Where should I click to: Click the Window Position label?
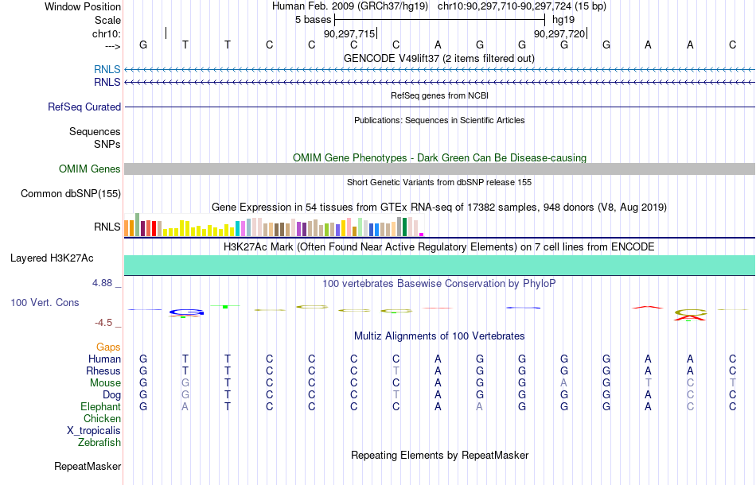click(x=83, y=6)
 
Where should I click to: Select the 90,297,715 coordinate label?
click(x=349, y=33)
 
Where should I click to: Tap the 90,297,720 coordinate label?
click(x=559, y=33)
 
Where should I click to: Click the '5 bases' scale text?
click(x=314, y=20)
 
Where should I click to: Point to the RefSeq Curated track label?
click(x=84, y=107)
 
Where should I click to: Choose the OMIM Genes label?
click(x=90, y=169)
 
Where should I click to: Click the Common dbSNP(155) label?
click(x=71, y=194)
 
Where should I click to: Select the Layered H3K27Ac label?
click(x=52, y=258)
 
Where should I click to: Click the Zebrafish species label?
click(x=99, y=442)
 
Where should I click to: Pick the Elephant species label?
click(x=100, y=406)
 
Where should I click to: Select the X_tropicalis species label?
click(x=94, y=431)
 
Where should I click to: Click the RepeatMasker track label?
click(x=88, y=466)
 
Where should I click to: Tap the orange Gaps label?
click(x=108, y=347)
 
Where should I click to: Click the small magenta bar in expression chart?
click(x=422, y=235)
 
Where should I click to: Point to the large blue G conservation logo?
click(x=186, y=312)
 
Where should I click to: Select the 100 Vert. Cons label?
click(x=45, y=302)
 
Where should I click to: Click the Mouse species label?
click(x=105, y=383)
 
